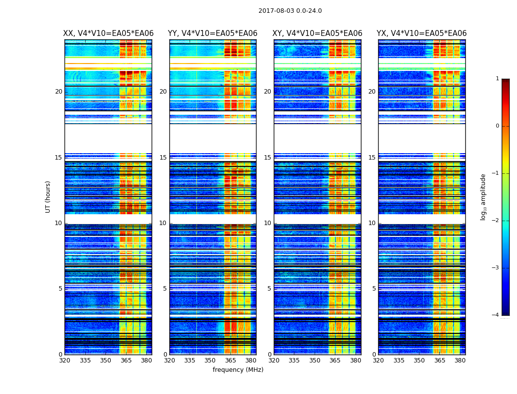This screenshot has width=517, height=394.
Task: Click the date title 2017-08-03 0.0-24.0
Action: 290,11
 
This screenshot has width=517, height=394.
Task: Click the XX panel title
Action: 108,33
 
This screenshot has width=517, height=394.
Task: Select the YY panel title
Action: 213,33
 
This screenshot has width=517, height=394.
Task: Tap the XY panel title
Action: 318,33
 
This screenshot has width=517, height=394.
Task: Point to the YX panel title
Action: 421,33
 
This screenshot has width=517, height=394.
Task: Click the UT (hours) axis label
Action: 48,197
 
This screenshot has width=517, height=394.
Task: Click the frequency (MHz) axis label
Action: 238,370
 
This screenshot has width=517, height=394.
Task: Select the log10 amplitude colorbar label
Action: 484,197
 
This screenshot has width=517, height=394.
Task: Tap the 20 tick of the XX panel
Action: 59,92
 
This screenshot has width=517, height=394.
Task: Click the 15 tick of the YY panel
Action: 163,158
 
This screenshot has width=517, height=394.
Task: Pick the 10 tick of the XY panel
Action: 267,223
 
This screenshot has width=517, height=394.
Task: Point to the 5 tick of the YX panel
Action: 374,289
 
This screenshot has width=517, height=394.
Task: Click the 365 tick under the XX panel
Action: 126,361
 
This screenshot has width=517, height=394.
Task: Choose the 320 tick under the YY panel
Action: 169,361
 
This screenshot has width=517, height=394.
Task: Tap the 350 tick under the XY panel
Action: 315,361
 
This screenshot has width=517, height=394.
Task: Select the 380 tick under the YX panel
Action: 460,361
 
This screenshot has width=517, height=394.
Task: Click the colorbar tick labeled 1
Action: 497,79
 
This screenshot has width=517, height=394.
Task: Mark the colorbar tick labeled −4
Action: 496,315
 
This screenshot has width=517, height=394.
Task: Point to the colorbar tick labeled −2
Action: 496,221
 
